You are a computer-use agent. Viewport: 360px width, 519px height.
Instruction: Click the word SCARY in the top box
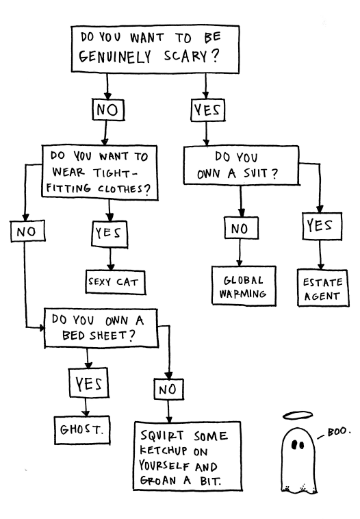click(x=185, y=56)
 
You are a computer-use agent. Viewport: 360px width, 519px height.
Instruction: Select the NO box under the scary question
click(x=108, y=110)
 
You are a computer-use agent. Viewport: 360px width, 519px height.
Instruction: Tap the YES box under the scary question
click(x=208, y=110)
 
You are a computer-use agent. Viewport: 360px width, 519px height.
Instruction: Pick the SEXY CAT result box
click(x=116, y=282)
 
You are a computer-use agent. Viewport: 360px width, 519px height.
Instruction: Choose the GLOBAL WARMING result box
click(x=244, y=286)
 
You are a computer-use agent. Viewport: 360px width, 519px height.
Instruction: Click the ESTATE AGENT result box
click(x=322, y=288)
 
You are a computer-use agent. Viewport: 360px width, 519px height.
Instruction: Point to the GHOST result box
click(x=82, y=430)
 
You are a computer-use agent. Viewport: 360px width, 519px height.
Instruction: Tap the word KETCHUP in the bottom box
click(x=164, y=451)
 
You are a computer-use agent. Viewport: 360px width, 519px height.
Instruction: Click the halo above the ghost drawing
click(x=298, y=415)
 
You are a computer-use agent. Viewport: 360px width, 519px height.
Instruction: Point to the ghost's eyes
click(x=298, y=445)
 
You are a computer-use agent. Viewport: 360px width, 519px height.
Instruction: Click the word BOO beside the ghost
click(x=337, y=431)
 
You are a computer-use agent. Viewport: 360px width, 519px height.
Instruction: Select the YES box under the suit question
click(x=322, y=227)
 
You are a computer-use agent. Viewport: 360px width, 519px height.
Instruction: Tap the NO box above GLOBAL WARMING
click(x=241, y=228)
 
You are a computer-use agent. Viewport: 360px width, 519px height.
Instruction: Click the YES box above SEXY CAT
click(x=110, y=234)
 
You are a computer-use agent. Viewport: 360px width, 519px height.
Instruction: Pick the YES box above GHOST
click(x=89, y=383)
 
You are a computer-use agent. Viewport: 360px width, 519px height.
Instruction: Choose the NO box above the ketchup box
click(x=168, y=389)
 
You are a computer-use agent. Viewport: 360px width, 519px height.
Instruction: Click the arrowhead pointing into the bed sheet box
click(x=42, y=328)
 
